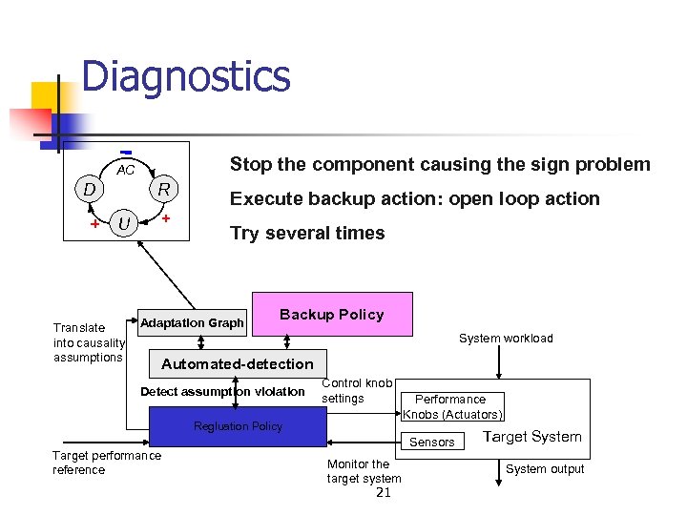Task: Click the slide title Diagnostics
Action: point(185,77)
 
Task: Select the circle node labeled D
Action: point(89,189)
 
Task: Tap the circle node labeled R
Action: point(163,189)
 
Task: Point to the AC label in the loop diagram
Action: point(125,171)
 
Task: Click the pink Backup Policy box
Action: point(332,315)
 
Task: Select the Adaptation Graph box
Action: point(192,323)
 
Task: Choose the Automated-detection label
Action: point(237,363)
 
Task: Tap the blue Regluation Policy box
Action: point(238,426)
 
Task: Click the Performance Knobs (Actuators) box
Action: point(451,407)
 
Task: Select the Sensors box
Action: point(432,442)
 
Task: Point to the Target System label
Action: point(531,437)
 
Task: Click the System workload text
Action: point(506,339)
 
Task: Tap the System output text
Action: point(545,468)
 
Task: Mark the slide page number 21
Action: point(384,492)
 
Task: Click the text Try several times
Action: point(307,234)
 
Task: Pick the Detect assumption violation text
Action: point(222,392)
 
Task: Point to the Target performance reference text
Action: point(106,463)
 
